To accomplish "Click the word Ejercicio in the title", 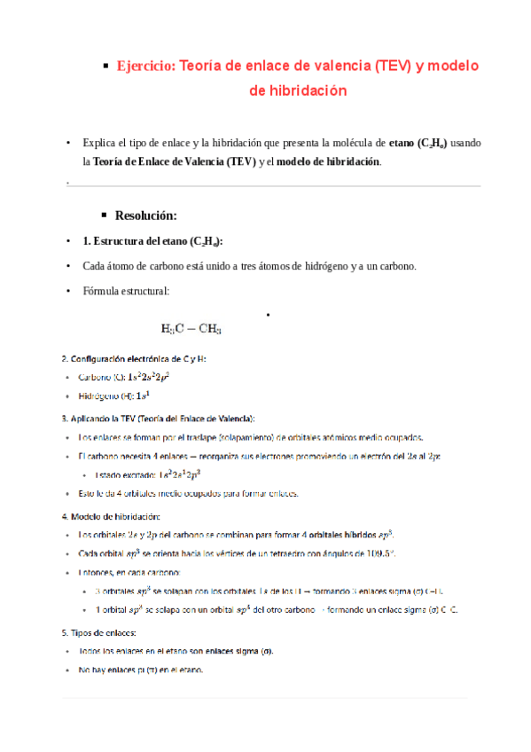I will pos(146,66).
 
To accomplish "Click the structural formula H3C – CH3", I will pos(191,329).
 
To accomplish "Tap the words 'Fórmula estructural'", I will pos(122,291).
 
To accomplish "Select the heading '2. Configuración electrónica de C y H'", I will pos(133,359).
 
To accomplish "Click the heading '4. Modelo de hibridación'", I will pos(111,515).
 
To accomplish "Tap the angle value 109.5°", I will pos(381,553).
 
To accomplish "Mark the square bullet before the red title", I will pos(105,66).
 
